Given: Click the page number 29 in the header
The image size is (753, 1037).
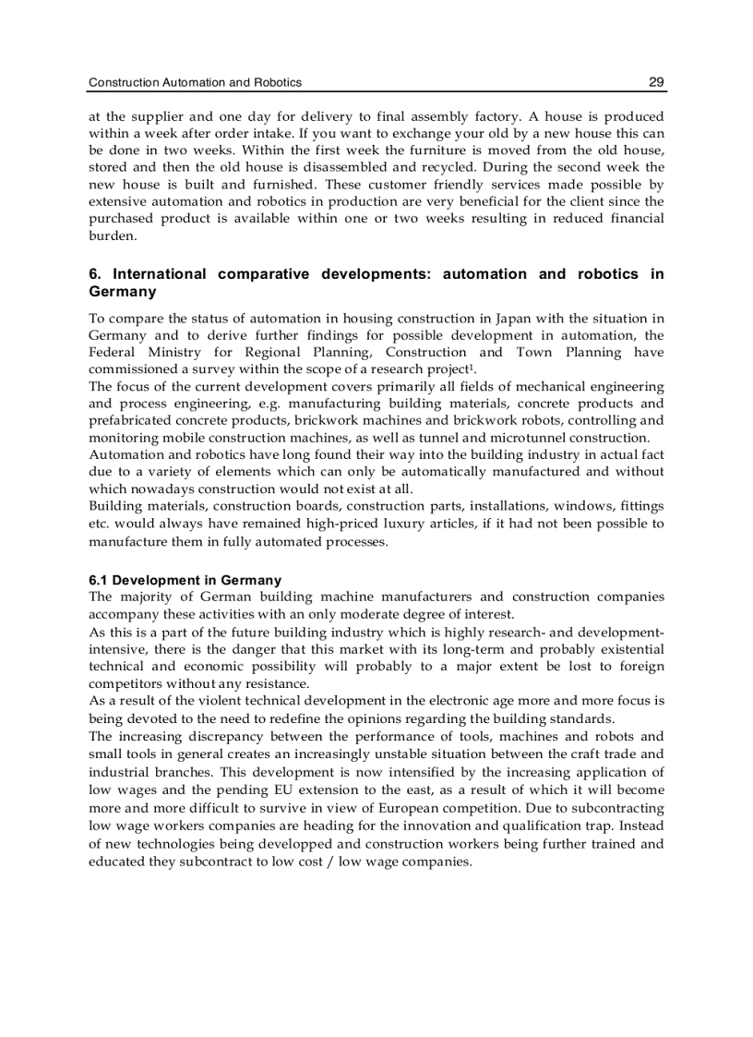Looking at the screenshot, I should coord(656,82).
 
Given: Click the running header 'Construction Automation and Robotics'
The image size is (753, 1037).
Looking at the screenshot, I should coord(195,82).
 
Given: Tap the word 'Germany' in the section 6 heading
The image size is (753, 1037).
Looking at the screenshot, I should coord(122,292).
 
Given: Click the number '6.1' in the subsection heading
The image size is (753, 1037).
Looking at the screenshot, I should coord(99,580).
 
